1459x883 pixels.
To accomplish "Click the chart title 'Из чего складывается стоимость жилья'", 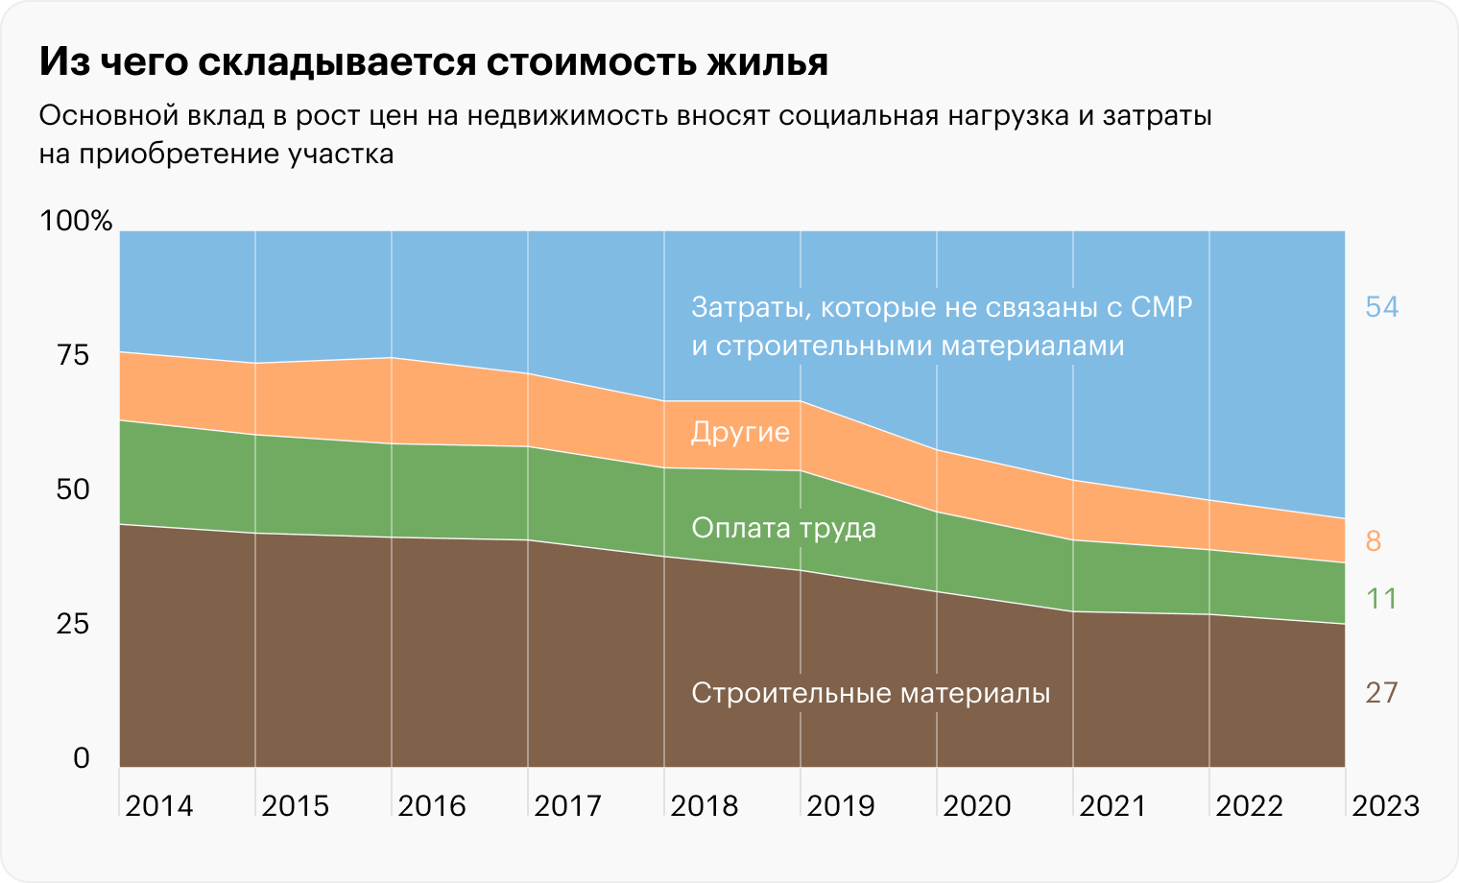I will coord(433,62).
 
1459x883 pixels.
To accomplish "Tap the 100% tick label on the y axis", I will coord(76,221).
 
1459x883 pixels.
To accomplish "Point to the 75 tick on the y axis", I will coord(73,355).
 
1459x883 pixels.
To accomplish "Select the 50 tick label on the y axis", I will coord(73,489).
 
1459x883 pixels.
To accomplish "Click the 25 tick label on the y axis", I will coord(73,624).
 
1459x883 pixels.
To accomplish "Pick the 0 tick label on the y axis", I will coord(82,758).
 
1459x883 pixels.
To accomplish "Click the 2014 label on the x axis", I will coord(159,805).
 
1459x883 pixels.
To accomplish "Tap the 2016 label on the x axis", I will coord(432,805).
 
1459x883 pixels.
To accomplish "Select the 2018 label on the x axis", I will coord(705,805).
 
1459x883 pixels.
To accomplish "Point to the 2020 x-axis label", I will coord(977,805).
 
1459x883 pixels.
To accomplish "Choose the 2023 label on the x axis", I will coord(1385,805).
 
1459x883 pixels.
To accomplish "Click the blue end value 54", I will coord(1382,307).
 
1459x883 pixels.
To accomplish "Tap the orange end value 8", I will coord(1374,541).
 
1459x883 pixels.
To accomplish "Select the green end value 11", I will coord(1382,599).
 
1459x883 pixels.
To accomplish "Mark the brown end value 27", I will coord(1382,693).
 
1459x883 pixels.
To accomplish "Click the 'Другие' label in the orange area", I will coord(740,433).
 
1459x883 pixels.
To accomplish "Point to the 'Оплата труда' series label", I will coord(783,528).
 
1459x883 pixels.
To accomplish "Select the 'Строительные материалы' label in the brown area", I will coord(871,693).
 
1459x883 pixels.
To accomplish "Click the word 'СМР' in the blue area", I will coord(1161,308).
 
